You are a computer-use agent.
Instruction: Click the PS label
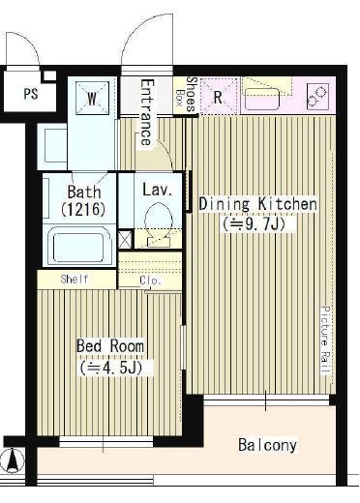click(x=31, y=94)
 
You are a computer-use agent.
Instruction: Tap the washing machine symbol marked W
click(x=92, y=98)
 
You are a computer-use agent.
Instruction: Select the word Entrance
click(x=147, y=112)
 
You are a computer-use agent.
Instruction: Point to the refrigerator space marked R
click(x=219, y=96)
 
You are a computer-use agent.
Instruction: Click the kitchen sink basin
click(x=262, y=100)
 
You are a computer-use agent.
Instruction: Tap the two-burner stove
click(x=317, y=96)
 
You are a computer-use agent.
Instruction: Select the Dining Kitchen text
click(x=257, y=204)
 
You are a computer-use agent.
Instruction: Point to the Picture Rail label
click(x=326, y=340)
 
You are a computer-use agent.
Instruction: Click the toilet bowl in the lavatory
click(x=158, y=223)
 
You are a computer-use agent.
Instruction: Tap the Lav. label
click(x=158, y=190)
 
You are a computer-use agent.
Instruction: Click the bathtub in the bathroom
click(x=79, y=245)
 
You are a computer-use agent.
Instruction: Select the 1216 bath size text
click(x=83, y=210)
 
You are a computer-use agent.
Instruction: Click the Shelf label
click(x=75, y=280)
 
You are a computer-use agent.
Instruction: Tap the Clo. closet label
click(x=150, y=281)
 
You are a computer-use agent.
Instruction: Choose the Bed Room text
click(x=110, y=345)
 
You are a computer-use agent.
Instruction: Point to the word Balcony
click(x=267, y=445)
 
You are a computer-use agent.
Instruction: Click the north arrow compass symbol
click(x=13, y=459)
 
